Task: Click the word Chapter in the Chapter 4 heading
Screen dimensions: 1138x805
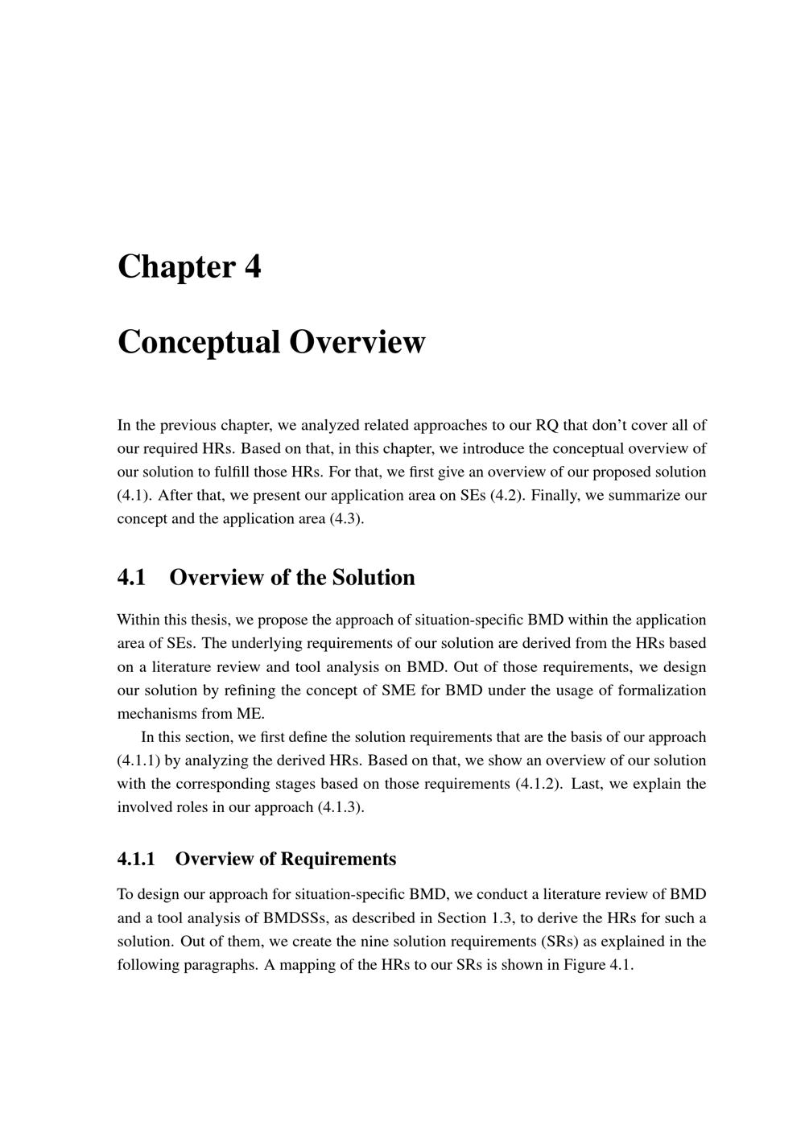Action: (x=176, y=267)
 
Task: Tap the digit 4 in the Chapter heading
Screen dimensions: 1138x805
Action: (x=253, y=267)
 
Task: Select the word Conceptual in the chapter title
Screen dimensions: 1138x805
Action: (x=198, y=342)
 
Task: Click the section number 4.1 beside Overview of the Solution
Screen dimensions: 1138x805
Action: (x=131, y=578)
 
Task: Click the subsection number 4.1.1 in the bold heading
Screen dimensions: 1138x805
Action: (x=136, y=860)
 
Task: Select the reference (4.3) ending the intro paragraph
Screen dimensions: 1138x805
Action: (x=347, y=518)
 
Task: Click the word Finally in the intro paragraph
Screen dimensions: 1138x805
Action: (x=555, y=495)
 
